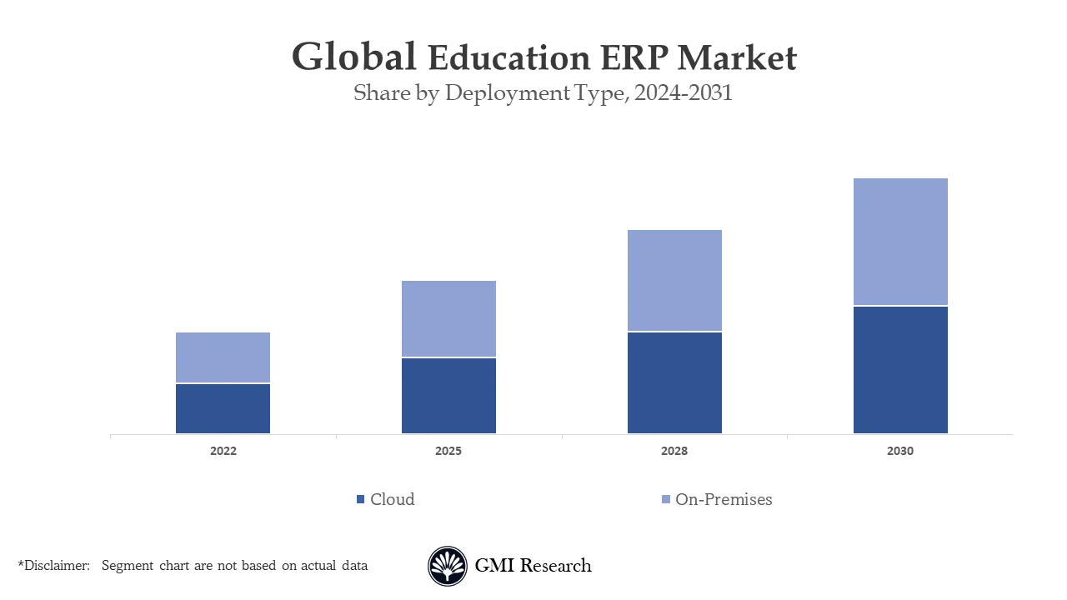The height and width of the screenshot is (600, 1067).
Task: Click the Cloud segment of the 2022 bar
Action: [x=223, y=408]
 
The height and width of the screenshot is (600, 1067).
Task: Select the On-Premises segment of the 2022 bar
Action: [x=223, y=357]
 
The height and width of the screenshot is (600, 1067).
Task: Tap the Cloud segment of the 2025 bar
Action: [x=448, y=396]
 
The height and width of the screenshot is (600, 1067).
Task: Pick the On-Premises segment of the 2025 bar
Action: [x=448, y=318]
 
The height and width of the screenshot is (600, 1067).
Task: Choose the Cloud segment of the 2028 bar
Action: [x=674, y=382]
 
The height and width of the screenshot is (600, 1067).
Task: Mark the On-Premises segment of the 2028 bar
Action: [x=674, y=280]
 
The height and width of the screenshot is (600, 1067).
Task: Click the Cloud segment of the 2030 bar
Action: [x=900, y=370]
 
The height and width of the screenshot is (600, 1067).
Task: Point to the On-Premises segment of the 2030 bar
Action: [x=900, y=242]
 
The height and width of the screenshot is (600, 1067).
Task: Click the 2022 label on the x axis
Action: [x=223, y=452]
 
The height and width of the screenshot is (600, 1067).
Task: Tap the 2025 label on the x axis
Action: [x=448, y=452]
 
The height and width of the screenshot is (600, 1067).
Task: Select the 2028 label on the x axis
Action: [x=674, y=452]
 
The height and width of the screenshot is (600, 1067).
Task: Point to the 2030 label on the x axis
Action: [x=900, y=452]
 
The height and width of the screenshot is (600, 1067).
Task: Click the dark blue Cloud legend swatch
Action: [x=360, y=500]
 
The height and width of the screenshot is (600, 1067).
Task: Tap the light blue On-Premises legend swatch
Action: [x=665, y=500]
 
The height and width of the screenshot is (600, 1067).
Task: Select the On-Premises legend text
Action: [x=724, y=500]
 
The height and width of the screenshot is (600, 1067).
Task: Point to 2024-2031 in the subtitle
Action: [x=683, y=93]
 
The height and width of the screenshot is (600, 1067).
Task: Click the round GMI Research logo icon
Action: [x=448, y=567]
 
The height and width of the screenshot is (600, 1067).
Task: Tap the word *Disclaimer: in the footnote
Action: [x=53, y=566]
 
